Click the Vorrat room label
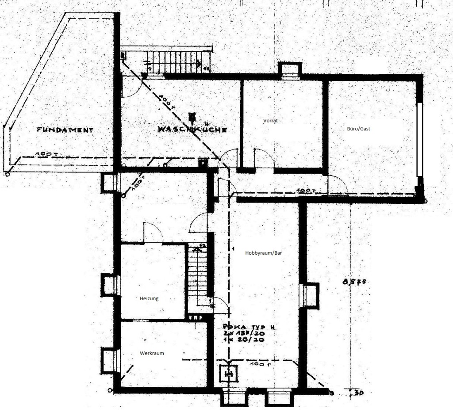coord(269,120)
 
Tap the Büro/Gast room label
coord(358,129)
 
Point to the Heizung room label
coord(149,298)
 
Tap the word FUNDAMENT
coord(65,130)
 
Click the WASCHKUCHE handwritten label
coord(193,130)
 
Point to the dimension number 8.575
coord(354,281)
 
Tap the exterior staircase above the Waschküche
coord(177,61)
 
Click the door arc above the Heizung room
coord(153,233)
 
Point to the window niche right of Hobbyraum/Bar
coord(309,295)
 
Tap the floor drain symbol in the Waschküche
coord(192,117)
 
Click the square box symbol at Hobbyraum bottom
coord(229,374)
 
